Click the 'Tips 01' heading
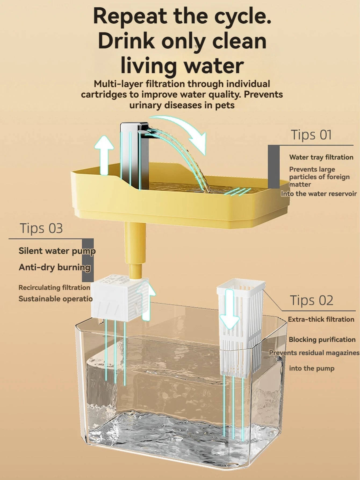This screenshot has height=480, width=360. pyautogui.click(x=311, y=135)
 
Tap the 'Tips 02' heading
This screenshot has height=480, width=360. pyautogui.click(x=312, y=300)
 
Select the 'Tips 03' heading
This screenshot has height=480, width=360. pyautogui.click(x=41, y=229)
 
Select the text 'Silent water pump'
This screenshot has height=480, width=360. pyautogui.click(x=57, y=251)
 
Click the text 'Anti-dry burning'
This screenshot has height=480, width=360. pyautogui.click(x=55, y=267)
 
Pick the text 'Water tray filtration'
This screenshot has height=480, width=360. pyautogui.click(x=321, y=157)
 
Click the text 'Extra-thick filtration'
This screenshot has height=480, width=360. pyautogui.click(x=321, y=319)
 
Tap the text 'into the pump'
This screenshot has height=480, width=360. pyautogui.click(x=312, y=368)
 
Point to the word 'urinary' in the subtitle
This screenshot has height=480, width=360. pyautogui.click(x=145, y=105)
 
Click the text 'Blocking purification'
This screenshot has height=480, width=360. pyautogui.click(x=322, y=340)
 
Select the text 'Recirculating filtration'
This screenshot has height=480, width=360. pyautogui.click(x=54, y=288)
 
